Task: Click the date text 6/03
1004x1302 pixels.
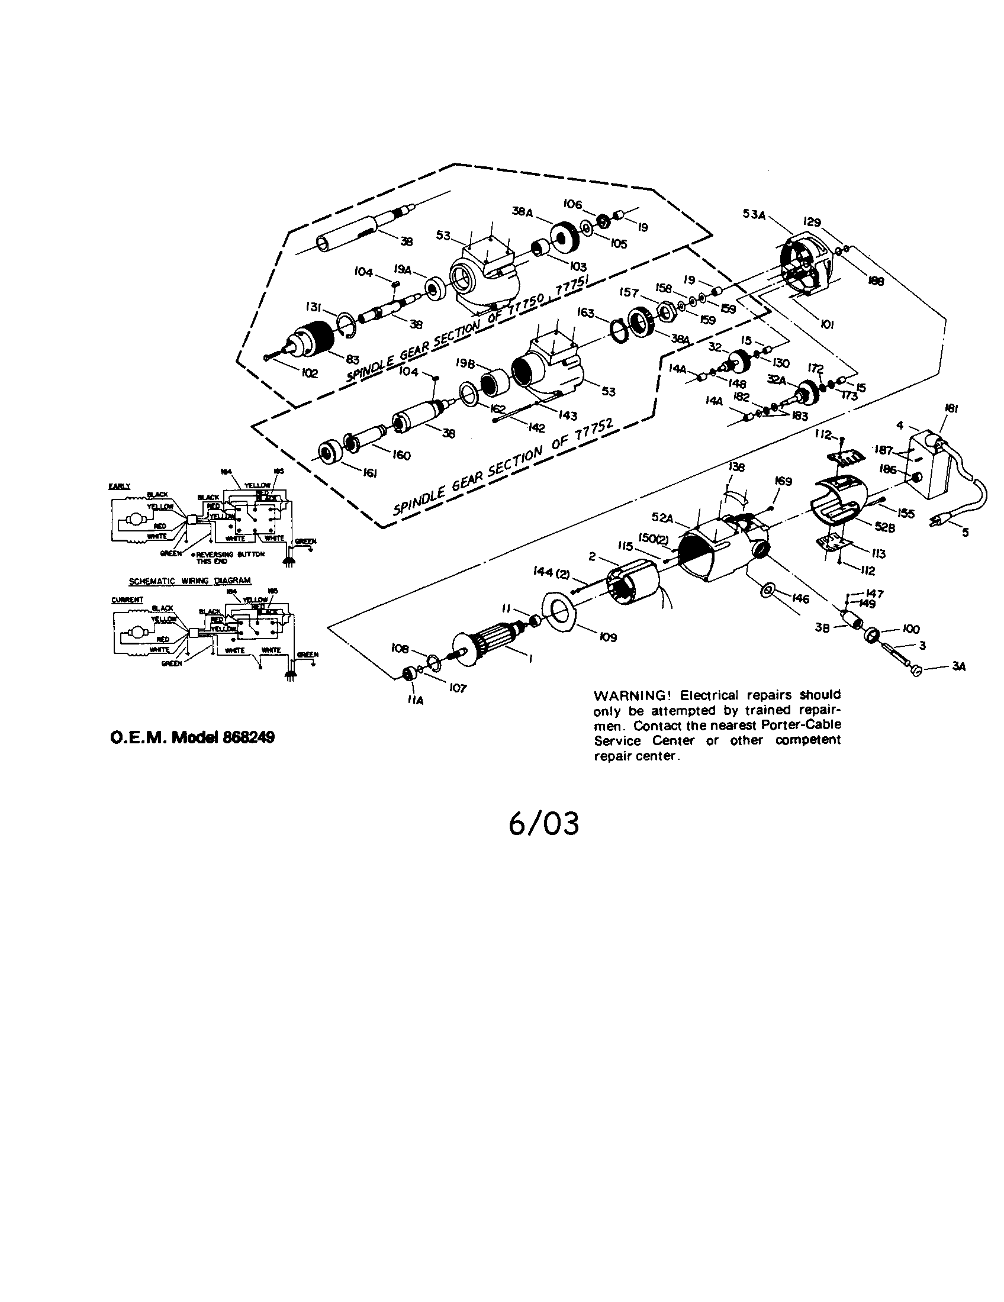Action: (543, 824)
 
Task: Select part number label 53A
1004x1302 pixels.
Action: (754, 215)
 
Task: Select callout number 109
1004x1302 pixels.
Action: (608, 637)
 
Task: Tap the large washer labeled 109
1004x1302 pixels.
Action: (560, 612)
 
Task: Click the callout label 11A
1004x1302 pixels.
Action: (416, 701)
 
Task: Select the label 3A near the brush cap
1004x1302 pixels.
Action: (958, 667)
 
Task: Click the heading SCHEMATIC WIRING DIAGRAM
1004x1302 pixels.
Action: (190, 580)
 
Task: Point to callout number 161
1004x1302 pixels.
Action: (371, 473)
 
